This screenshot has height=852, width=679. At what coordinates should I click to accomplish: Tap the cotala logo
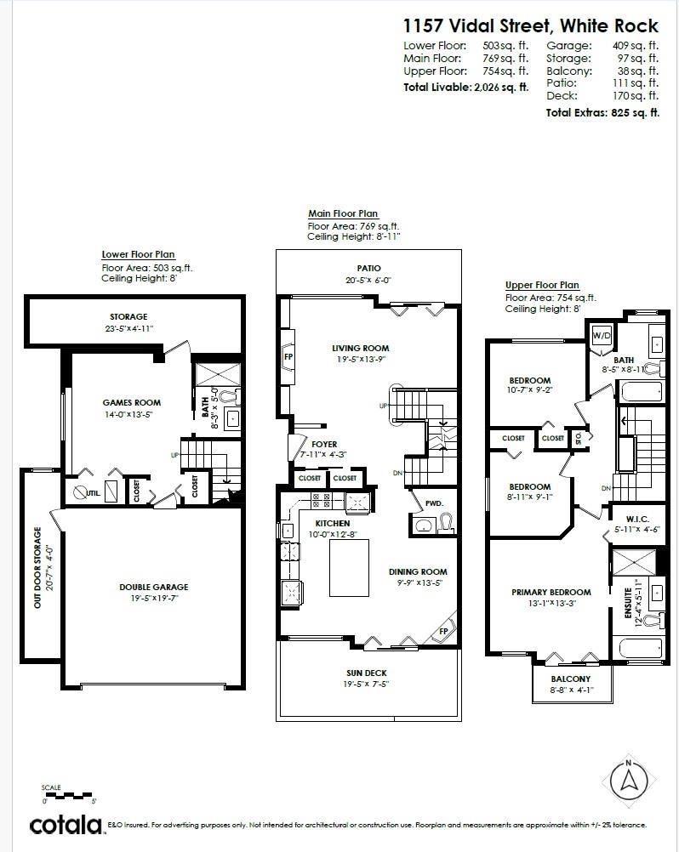(x=66, y=824)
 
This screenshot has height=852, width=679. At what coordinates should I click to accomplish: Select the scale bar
(x=67, y=797)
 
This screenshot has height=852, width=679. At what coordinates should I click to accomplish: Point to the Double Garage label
(x=153, y=587)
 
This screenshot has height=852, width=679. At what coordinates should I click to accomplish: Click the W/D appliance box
(x=602, y=334)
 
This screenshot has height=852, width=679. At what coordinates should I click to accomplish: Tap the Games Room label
(x=131, y=403)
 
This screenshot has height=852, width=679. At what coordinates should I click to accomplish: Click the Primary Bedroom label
(x=551, y=593)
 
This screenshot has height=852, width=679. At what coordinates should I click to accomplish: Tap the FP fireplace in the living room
(x=288, y=357)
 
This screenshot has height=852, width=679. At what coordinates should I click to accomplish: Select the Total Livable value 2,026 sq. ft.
(x=500, y=88)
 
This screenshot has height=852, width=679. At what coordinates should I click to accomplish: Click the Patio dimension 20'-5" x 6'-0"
(x=368, y=280)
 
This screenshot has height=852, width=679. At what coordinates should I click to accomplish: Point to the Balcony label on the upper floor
(x=570, y=679)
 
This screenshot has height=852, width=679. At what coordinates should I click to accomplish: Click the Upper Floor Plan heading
(x=542, y=285)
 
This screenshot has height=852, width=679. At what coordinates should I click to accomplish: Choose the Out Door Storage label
(x=37, y=568)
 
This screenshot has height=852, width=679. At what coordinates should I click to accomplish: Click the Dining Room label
(x=418, y=572)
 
